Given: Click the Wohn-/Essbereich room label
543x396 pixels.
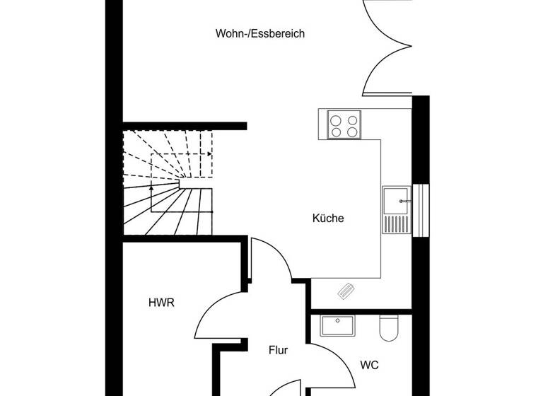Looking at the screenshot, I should coord(260,33).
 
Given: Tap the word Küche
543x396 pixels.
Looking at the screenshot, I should coord(328,219).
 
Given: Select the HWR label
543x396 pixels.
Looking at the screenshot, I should coord(161,303).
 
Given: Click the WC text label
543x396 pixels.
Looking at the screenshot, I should coord(369,365).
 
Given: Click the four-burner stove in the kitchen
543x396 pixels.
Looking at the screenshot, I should coord(344,126).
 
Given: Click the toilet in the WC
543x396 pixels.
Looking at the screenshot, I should coord(390,327).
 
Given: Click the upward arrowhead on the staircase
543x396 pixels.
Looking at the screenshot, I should coord(151,189).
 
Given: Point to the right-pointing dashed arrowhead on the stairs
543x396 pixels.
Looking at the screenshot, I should coord(209,153).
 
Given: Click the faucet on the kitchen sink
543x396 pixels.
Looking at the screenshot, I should coord(403,201).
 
